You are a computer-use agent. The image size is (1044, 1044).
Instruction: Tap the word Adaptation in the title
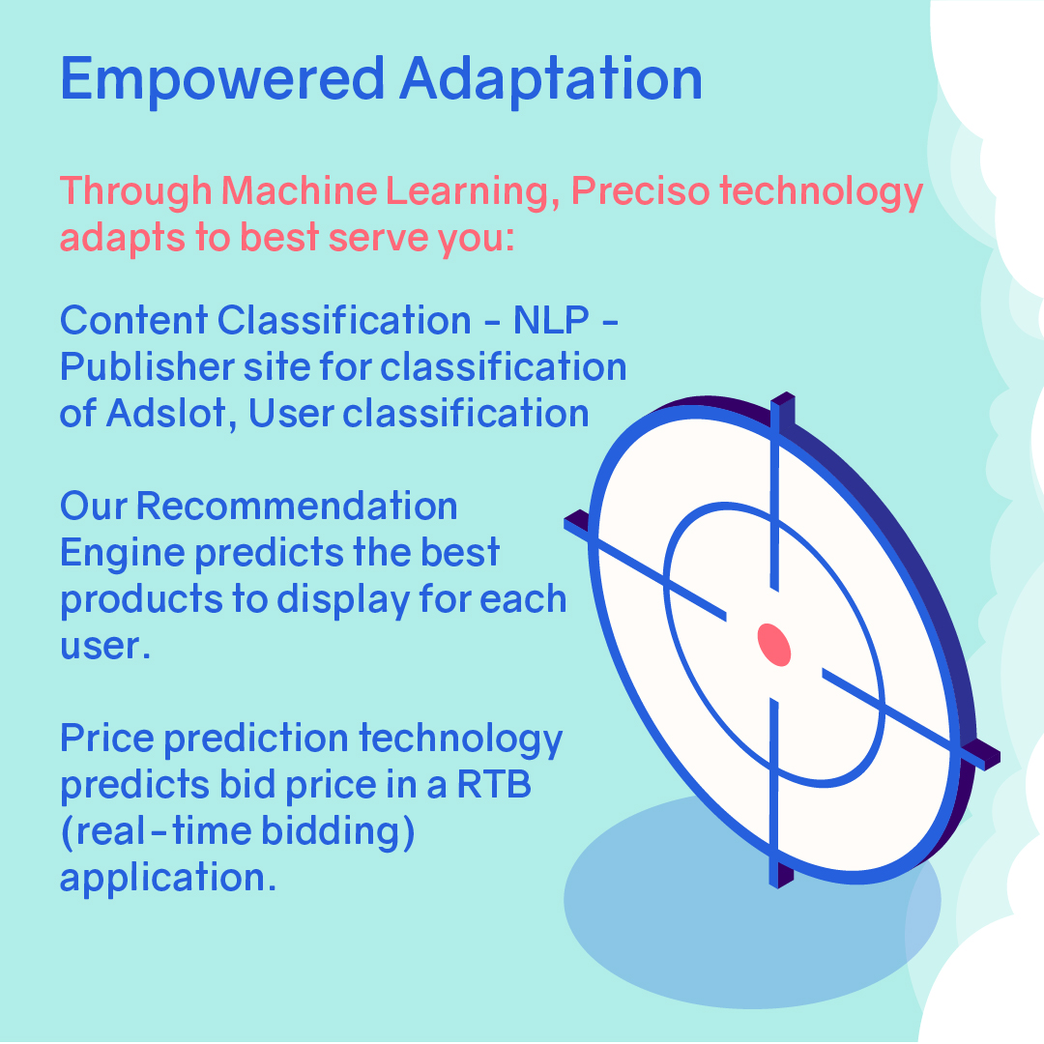tap(551, 78)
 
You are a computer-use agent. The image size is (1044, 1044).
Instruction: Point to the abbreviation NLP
tap(545, 320)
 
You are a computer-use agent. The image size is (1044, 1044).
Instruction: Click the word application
tap(160, 879)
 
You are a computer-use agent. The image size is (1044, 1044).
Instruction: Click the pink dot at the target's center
tap(773, 645)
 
